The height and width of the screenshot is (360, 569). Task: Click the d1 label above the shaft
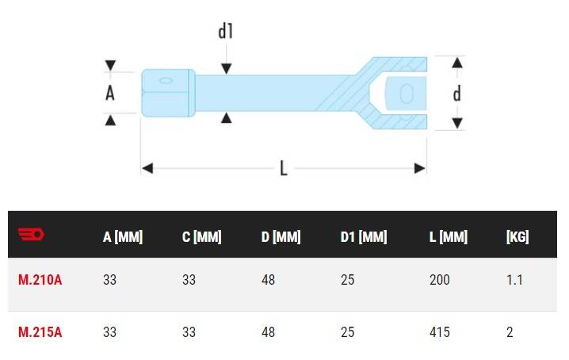(x=225, y=31)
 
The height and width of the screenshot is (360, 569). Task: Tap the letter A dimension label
(x=110, y=93)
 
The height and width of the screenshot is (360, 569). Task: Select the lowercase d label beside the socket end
(x=457, y=94)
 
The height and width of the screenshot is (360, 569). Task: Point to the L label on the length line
(x=284, y=168)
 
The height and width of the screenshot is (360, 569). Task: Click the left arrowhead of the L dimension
(x=147, y=168)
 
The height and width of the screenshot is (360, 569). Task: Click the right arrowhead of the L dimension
(x=419, y=168)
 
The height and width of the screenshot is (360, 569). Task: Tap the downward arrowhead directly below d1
(x=226, y=69)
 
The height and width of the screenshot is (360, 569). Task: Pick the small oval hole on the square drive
(x=166, y=80)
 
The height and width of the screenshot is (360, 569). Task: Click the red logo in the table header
(x=31, y=234)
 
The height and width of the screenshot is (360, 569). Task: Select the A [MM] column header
(x=123, y=237)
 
